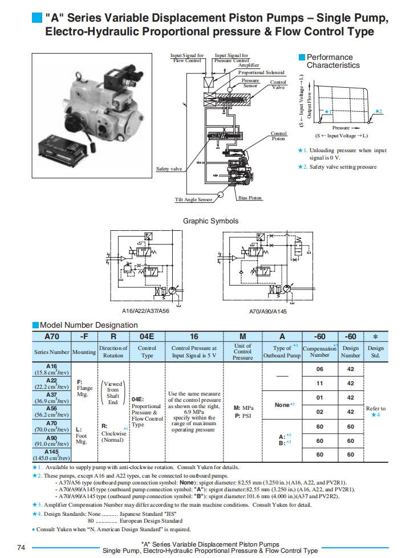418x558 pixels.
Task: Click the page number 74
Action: tap(21, 548)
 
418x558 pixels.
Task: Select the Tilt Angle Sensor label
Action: tap(193, 199)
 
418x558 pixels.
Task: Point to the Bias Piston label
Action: tap(250, 198)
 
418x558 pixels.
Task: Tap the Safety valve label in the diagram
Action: tap(169, 169)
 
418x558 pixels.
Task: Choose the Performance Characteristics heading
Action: tap(333, 61)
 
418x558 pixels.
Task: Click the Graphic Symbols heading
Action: tap(210, 221)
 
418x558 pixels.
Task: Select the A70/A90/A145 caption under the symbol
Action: tap(267, 312)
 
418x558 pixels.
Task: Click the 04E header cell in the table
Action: tap(147, 337)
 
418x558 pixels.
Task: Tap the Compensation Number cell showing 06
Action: tap(319, 369)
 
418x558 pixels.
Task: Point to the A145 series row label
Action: tap(51, 455)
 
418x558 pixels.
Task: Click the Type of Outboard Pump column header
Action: tap(282, 352)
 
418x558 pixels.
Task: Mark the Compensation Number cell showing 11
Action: tap(319, 384)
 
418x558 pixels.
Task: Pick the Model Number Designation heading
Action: tap(88, 325)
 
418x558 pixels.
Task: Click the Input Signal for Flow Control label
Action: tap(188, 58)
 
